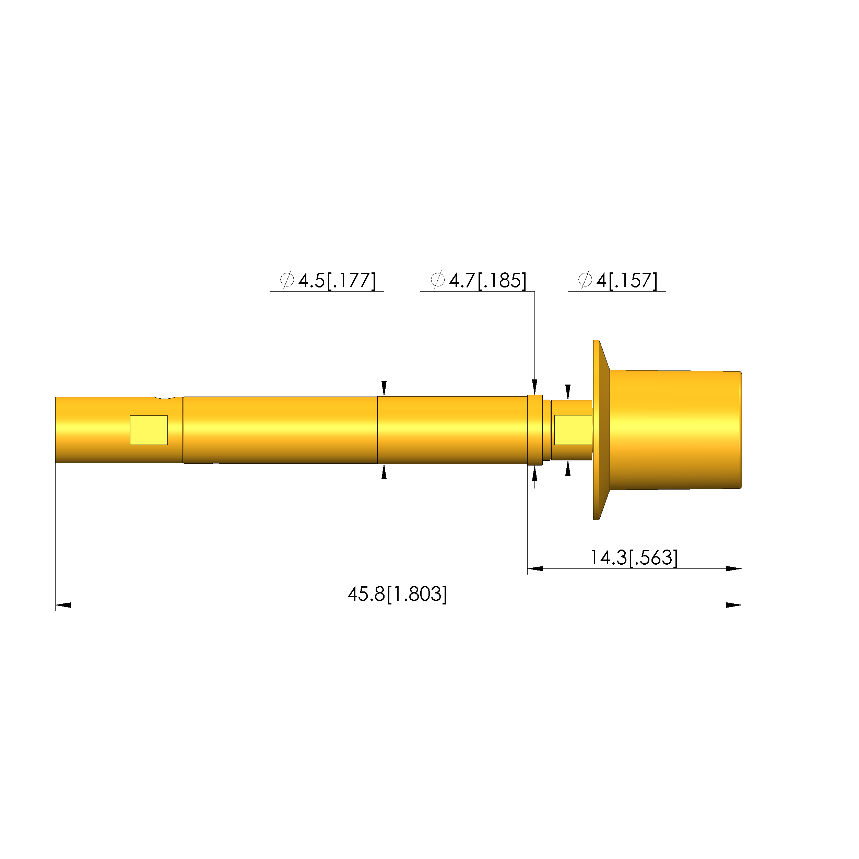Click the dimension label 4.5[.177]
(x=337, y=281)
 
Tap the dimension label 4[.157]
(x=627, y=281)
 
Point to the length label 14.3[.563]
(x=634, y=558)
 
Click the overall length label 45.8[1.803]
(x=397, y=595)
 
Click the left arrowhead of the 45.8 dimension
(x=63, y=605)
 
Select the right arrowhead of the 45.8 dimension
(x=734, y=605)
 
